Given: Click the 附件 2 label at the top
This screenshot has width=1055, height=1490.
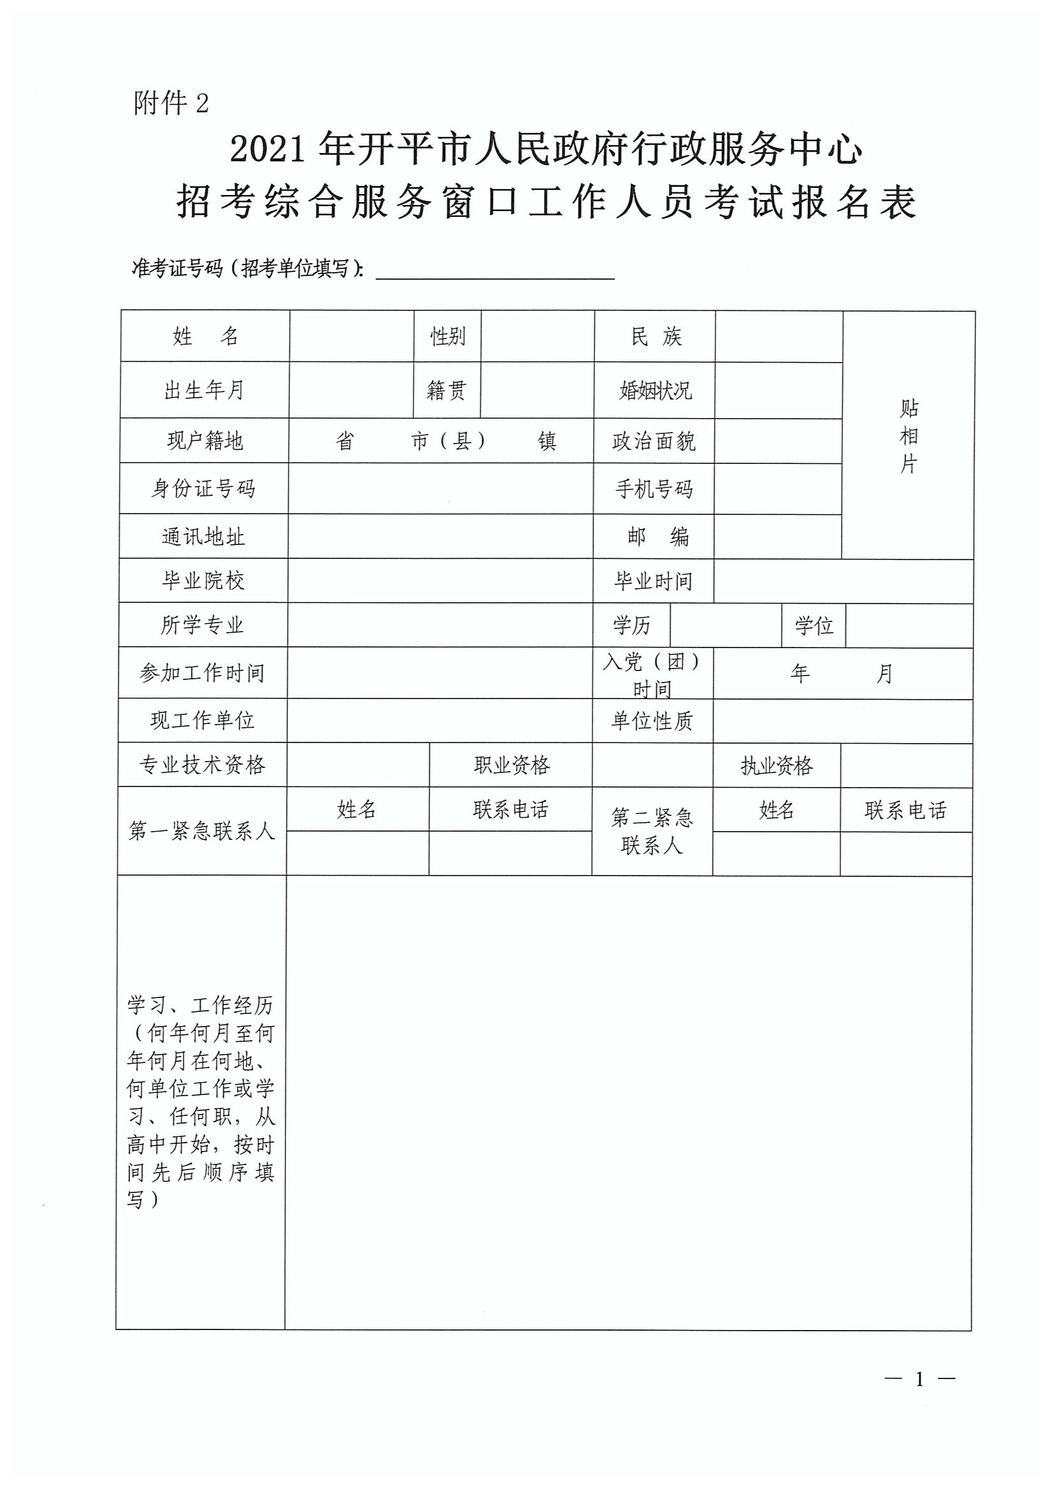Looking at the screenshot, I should [x=171, y=103].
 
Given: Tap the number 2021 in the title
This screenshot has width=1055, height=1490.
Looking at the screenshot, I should [x=268, y=151].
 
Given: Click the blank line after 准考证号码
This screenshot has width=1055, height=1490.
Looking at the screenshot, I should [x=495, y=270].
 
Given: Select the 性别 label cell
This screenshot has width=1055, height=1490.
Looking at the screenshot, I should [x=448, y=336].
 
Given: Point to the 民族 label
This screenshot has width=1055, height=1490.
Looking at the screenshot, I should [x=656, y=336].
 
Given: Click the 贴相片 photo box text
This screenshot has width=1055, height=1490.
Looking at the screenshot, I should [x=908, y=436].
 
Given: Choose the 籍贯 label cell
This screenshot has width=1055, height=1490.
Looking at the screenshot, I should [x=447, y=390].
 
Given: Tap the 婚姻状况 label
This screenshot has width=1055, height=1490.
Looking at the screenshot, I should [x=655, y=391].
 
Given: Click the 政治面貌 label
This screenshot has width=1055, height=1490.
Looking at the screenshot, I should [x=654, y=442].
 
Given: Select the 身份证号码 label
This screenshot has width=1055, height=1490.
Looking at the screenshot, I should [x=203, y=489].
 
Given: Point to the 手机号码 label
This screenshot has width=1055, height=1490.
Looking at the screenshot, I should [x=654, y=489].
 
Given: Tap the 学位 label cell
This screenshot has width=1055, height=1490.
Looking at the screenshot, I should [x=814, y=626].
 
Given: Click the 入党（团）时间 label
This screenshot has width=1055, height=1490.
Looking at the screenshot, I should [x=652, y=674].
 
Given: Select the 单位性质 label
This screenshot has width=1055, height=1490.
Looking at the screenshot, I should [x=652, y=721].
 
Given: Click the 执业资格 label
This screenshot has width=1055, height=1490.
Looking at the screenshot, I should [x=777, y=766].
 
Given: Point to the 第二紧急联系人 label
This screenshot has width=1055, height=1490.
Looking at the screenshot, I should [x=652, y=832].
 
